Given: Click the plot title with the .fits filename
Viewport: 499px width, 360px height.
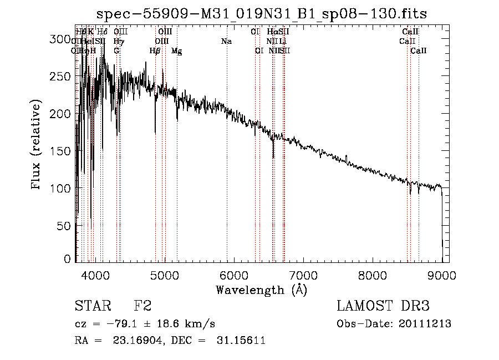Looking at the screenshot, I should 262,13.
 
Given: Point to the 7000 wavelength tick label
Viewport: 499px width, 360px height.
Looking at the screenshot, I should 303,275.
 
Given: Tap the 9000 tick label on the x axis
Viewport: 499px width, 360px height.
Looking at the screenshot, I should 442,275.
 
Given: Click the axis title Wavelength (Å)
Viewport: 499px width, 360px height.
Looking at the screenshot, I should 261,290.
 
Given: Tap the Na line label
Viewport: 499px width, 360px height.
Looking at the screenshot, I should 226,41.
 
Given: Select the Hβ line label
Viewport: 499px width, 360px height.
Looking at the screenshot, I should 155,50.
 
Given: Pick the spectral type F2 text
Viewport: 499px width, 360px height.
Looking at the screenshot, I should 142,306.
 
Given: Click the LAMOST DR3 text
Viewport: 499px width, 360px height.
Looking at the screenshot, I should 383,306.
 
